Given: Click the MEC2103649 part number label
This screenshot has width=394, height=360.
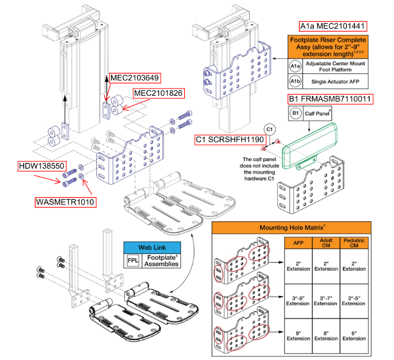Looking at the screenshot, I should (x=135, y=78).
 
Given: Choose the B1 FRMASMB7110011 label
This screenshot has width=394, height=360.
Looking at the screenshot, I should (x=330, y=99).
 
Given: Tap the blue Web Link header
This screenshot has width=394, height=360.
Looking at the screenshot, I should (x=151, y=248).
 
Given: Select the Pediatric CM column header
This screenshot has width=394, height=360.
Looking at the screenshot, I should (x=355, y=245).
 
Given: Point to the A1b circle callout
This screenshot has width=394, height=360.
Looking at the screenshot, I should (x=295, y=81).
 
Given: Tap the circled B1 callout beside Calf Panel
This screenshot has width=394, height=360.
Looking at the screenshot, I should (x=295, y=114).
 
